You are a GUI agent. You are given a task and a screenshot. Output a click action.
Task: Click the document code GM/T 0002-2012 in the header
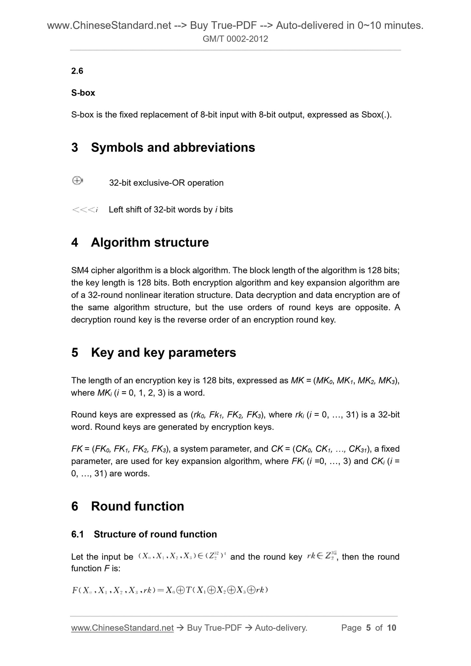pos(235,39)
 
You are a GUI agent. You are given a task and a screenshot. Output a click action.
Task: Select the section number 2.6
pos(77,71)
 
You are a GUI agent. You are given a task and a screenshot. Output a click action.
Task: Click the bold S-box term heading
pos(83,93)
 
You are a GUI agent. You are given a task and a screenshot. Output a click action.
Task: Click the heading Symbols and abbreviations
pos(173,148)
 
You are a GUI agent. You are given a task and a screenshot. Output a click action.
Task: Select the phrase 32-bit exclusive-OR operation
pos(166,183)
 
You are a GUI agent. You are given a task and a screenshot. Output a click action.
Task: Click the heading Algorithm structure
pos(150,243)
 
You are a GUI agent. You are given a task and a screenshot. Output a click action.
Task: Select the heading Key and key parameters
pos(163,353)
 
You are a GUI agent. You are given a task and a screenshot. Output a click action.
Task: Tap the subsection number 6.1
pos(78,534)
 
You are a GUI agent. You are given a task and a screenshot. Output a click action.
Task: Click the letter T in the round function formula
pos(188,590)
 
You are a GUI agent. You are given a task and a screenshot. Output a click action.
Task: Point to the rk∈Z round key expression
pos(322,556)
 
